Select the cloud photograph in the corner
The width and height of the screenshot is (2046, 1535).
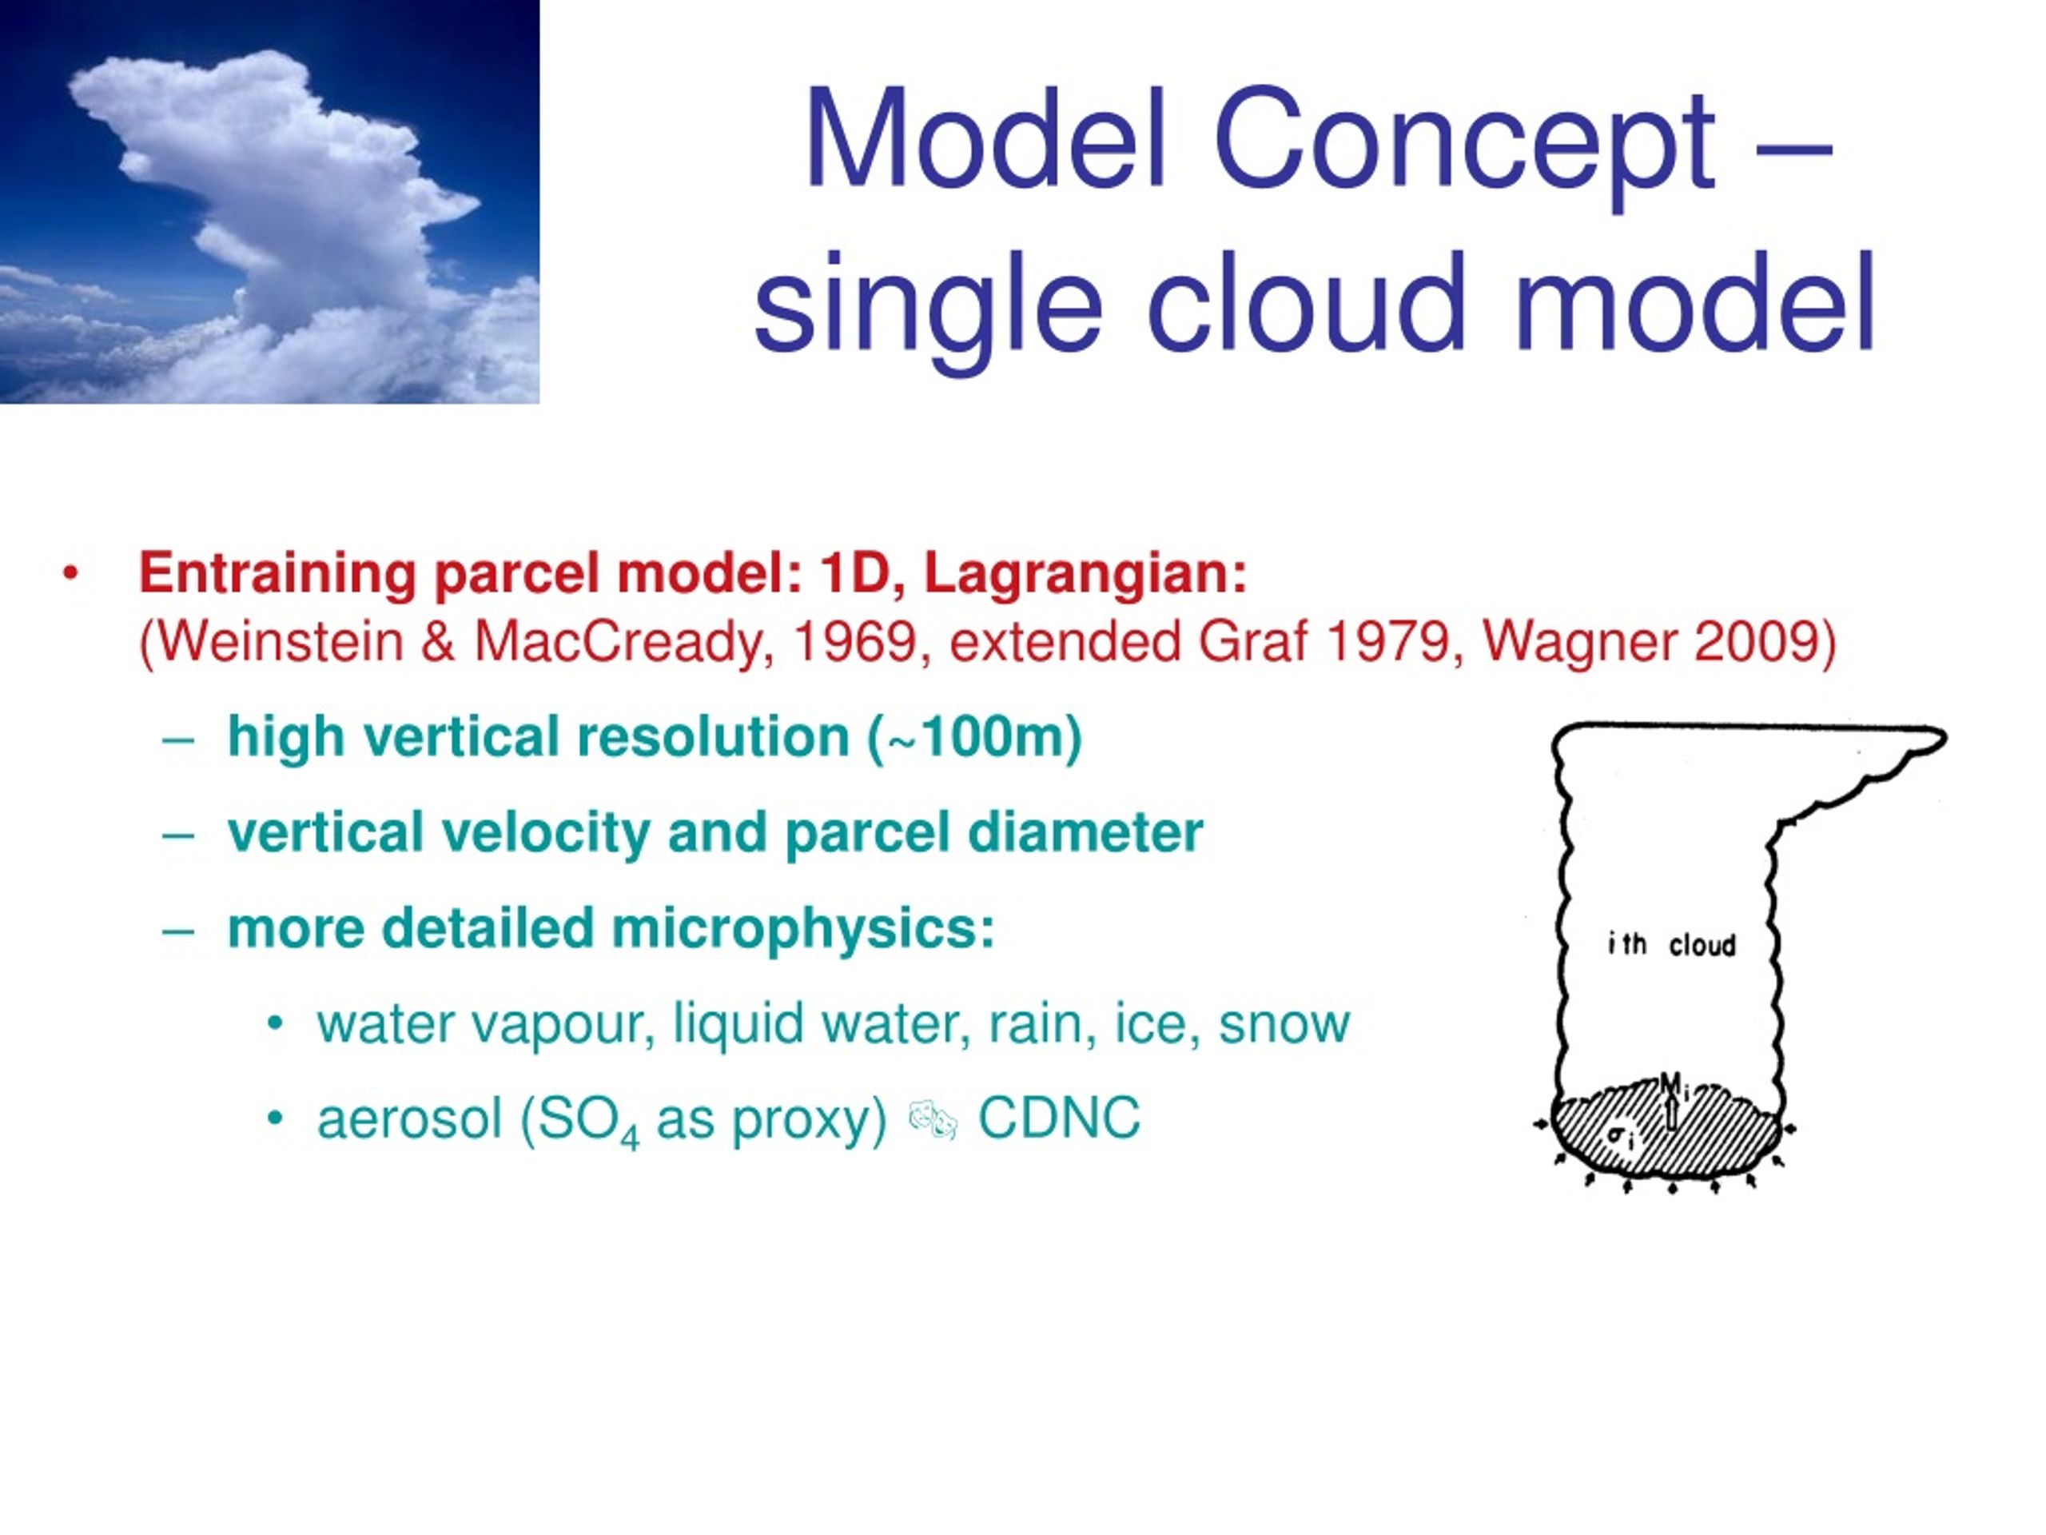[x=270, y=201]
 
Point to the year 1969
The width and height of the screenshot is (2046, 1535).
[x=853, y=642]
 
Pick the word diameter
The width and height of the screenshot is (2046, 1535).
[x=1086, y=833]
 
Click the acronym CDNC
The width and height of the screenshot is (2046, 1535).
[x=1059, y=1118]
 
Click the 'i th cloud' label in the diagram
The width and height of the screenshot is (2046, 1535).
[x=1671, y=945]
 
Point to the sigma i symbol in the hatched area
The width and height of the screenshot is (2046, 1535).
[x=1619, y=1136]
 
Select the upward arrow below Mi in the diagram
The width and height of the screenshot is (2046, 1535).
[x=1671, y=1112]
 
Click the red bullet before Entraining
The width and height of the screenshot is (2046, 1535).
[x=70, y=575]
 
